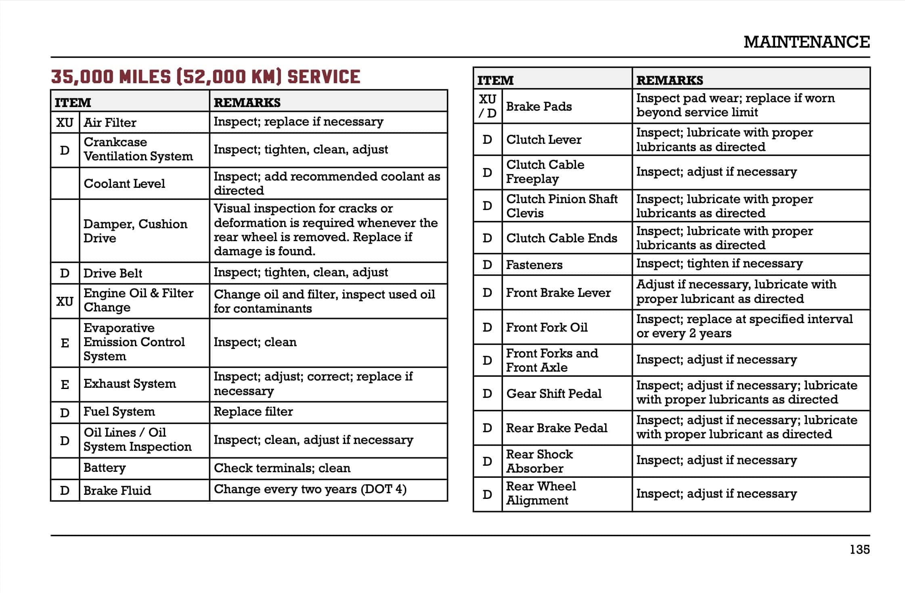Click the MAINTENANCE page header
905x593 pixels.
tap(806, 42)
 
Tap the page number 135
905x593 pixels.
tap(859, 549)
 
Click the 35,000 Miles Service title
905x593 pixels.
tap(205, 77)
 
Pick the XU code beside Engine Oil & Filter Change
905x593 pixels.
tap(65, 301)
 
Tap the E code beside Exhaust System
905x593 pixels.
tap(65, 384)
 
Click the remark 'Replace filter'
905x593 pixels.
tap(253, 412)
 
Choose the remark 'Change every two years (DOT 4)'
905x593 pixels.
tap(310, 490)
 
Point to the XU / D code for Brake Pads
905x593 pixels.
tap(487, 106)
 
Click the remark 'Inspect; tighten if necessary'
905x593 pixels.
tap(719, 264)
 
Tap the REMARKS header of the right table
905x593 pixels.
tap(670, 80)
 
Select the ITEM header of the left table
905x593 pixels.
tap(73, 102)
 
